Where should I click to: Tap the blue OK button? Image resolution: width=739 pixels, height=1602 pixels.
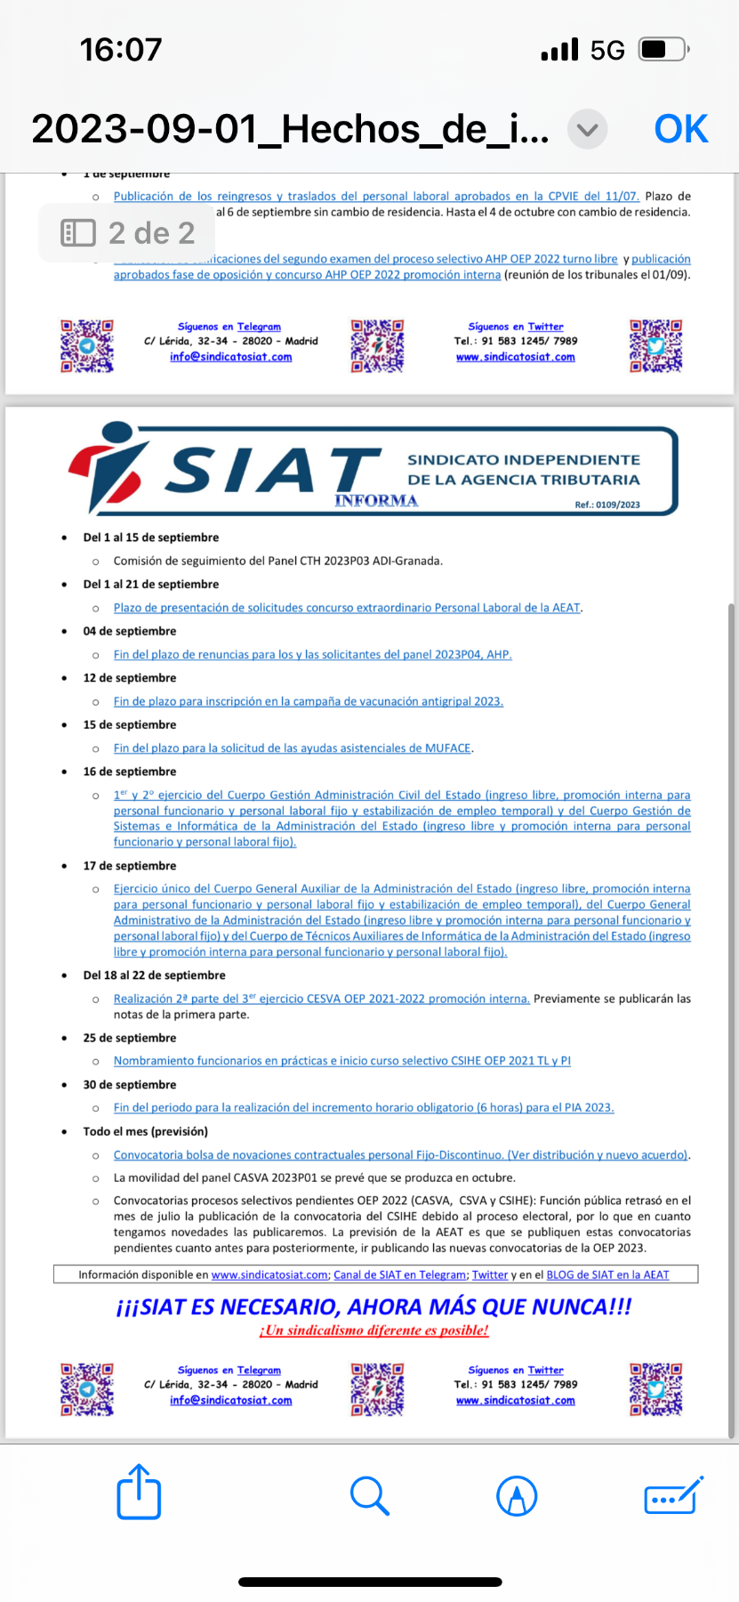[680, 130]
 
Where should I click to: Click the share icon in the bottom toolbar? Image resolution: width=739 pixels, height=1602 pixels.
[139, 1493]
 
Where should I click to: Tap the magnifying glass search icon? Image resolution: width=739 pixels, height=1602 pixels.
[369, 1495]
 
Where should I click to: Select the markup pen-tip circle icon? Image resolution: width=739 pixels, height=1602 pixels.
[517, 1495]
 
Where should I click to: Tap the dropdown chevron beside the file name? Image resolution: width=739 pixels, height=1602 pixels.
[587, 130]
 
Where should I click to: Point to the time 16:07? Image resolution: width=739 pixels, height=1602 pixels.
[121, 50]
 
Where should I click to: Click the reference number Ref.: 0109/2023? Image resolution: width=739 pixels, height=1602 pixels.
[607, 505]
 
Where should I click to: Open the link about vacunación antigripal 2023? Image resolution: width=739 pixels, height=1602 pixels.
[308, 701]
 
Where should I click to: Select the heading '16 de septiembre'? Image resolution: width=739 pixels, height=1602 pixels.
[130, 772]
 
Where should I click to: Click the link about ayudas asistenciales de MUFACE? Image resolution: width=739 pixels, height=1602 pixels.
[293, 748]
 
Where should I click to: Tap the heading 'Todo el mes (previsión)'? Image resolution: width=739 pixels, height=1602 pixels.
[145, 1131]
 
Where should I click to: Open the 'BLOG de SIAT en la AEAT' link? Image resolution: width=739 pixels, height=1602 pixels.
[607, 1274]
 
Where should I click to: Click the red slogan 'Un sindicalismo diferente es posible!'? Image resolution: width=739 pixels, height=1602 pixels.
[374, 1331]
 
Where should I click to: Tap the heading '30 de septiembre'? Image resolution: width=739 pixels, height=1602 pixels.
[130, 1085]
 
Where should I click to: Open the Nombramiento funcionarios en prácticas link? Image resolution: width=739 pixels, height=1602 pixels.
[341, 1061]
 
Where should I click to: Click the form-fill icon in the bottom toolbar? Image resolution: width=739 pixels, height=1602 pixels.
[673, 1495]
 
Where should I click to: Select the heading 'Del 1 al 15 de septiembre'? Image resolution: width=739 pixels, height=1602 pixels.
[151, 538]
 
